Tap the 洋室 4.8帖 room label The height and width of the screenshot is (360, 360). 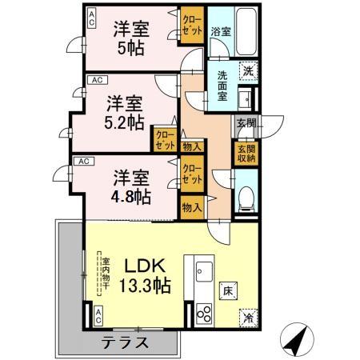130,186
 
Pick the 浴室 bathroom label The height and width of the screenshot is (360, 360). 220,33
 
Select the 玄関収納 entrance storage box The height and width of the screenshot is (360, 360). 245,152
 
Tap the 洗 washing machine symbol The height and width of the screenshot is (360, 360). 249,70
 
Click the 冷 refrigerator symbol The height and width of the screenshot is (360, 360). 249,316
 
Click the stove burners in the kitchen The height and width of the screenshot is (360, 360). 203,314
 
